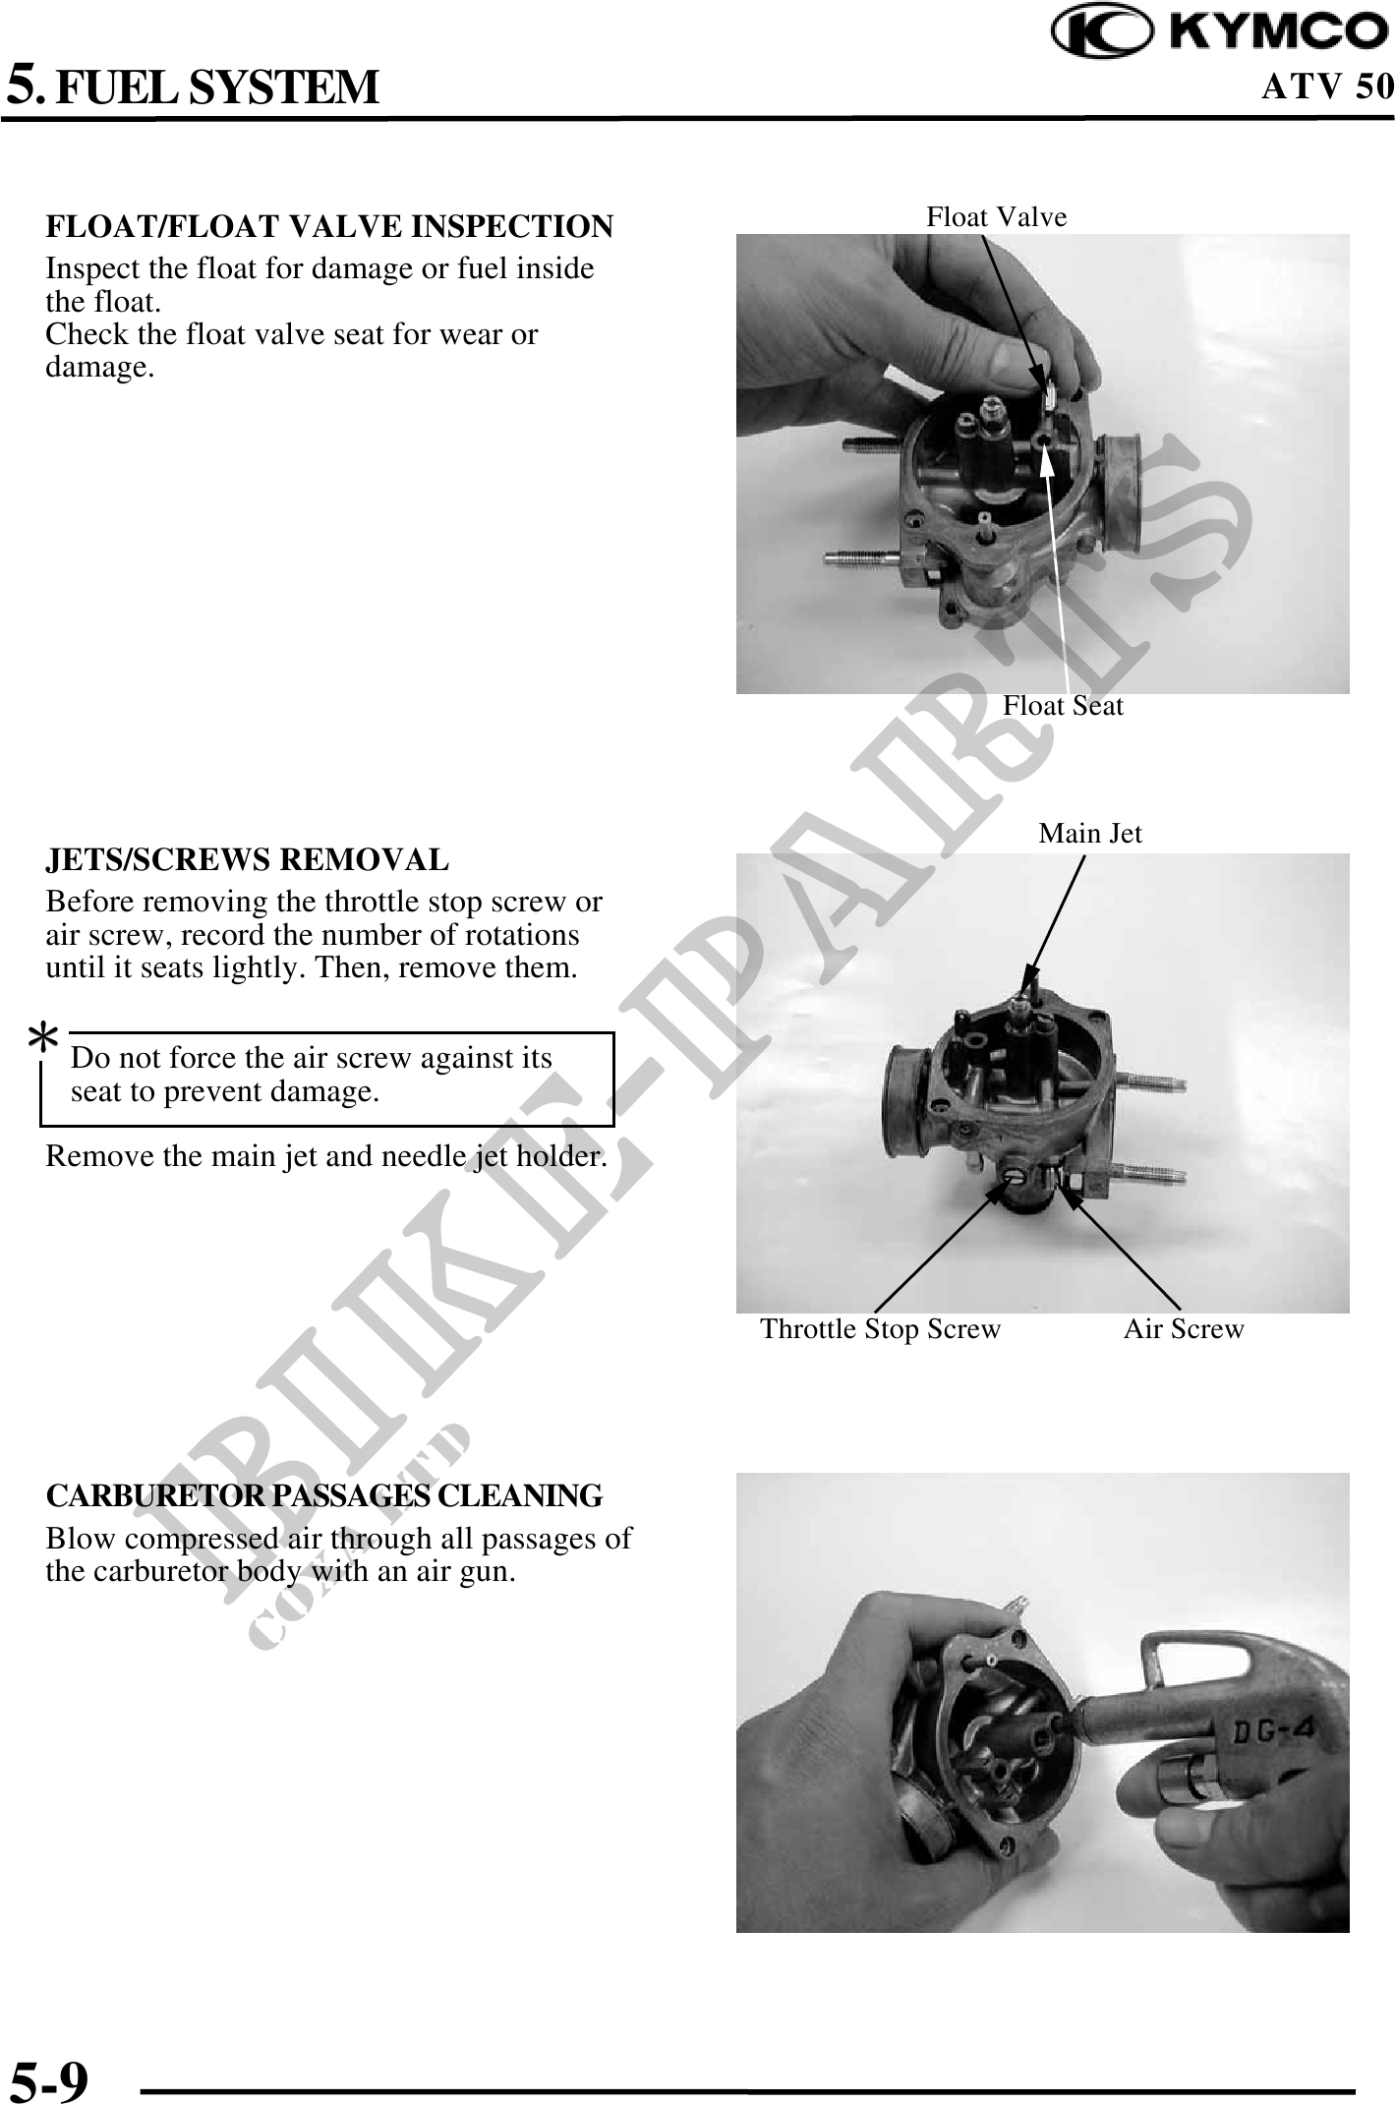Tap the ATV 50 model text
[x=1327, y=87]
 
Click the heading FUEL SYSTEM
[x=216, y=87]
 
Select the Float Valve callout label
[x=997, y=216]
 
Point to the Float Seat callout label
[x=1063, y=706]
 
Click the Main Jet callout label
[x=1090, y=834]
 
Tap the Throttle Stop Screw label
[x=880, y=1329]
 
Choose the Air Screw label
[x=1184, y=1329]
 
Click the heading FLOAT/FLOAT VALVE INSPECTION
[x=329, y=226]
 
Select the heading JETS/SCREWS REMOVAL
[x=248, y=859]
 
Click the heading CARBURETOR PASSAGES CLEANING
[x=324, y=1495]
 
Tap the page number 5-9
[x=49, y=2077]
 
